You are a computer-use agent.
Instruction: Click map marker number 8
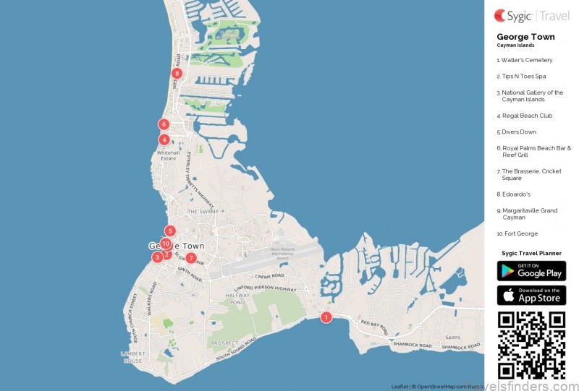(177, 73)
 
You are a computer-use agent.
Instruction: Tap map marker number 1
(326, 317)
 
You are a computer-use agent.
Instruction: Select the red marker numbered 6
(164, 124)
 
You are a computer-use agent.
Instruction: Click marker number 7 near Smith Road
(191, 258)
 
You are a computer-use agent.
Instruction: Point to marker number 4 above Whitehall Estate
(165, 139)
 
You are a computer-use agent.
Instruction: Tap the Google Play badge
(531, 271)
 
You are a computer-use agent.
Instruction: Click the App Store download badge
(531, 295)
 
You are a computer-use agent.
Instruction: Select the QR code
(531, 345)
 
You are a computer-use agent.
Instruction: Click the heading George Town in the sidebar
(525, 37)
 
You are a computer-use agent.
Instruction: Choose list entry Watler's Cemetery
(525, 60)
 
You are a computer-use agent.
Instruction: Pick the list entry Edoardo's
(515, 194)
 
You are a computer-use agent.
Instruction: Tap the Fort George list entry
(517, 233)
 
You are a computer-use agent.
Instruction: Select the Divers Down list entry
(517, 132)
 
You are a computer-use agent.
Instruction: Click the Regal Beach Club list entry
(525, 116)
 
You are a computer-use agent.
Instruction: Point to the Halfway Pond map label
(237, 300)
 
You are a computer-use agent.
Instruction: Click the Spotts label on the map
(452, 338)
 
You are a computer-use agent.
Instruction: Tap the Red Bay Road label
(375, 323)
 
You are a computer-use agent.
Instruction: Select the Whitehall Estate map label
(168, 155)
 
